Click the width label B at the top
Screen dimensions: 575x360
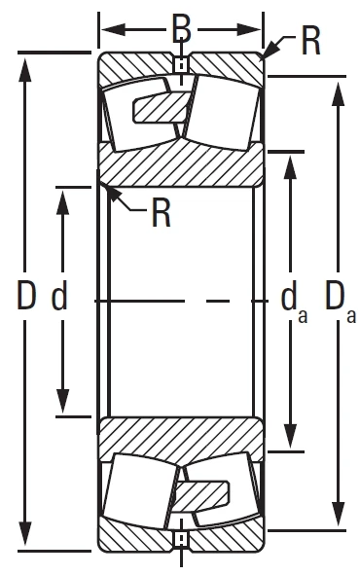point(181,27)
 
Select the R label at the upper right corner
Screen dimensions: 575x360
point(310,42)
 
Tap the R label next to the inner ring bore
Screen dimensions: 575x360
point(162,212)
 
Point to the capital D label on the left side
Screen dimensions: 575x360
point(26,297)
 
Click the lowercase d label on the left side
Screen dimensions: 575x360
point(59,297)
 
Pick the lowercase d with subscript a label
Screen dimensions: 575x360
point(289,299)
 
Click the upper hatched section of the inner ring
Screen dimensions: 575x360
point(181,165)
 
